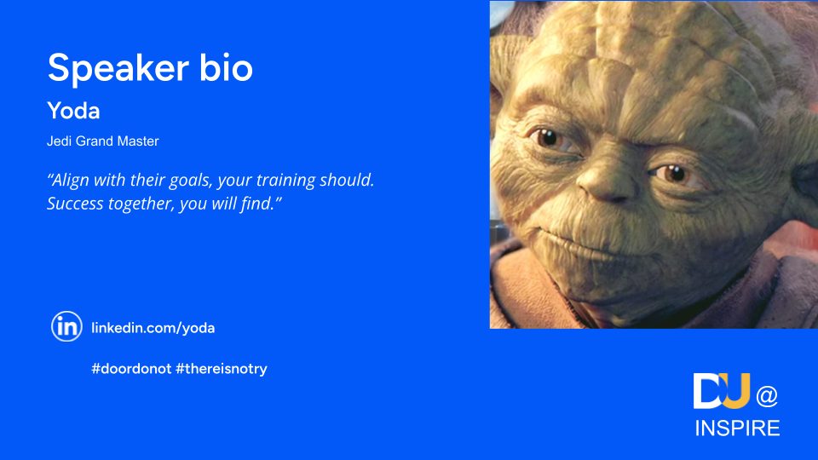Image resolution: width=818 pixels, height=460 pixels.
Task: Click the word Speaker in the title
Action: [118, 68]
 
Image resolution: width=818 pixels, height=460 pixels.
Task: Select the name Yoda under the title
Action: [73, 111]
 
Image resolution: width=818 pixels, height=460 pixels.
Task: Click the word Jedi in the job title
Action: [59, 141]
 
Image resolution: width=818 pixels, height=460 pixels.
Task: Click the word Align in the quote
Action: [68, 181]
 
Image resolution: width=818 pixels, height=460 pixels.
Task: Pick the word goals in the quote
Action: [192, 181]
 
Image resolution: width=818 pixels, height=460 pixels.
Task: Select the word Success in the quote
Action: [75, 203]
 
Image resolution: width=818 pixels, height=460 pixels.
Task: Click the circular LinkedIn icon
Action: [66, 326]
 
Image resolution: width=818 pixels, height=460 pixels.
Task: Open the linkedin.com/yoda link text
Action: [153, 328]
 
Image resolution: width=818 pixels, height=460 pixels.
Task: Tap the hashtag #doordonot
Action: [131, 369]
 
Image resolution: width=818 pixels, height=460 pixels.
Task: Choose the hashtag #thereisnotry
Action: [222, 369]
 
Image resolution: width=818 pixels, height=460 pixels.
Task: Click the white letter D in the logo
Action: [706, 391]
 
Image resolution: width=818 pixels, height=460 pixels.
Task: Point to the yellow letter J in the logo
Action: [736, 391]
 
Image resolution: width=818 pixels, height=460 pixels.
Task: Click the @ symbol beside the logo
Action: [767, 396]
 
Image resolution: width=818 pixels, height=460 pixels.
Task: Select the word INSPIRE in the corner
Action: [737, 428]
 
